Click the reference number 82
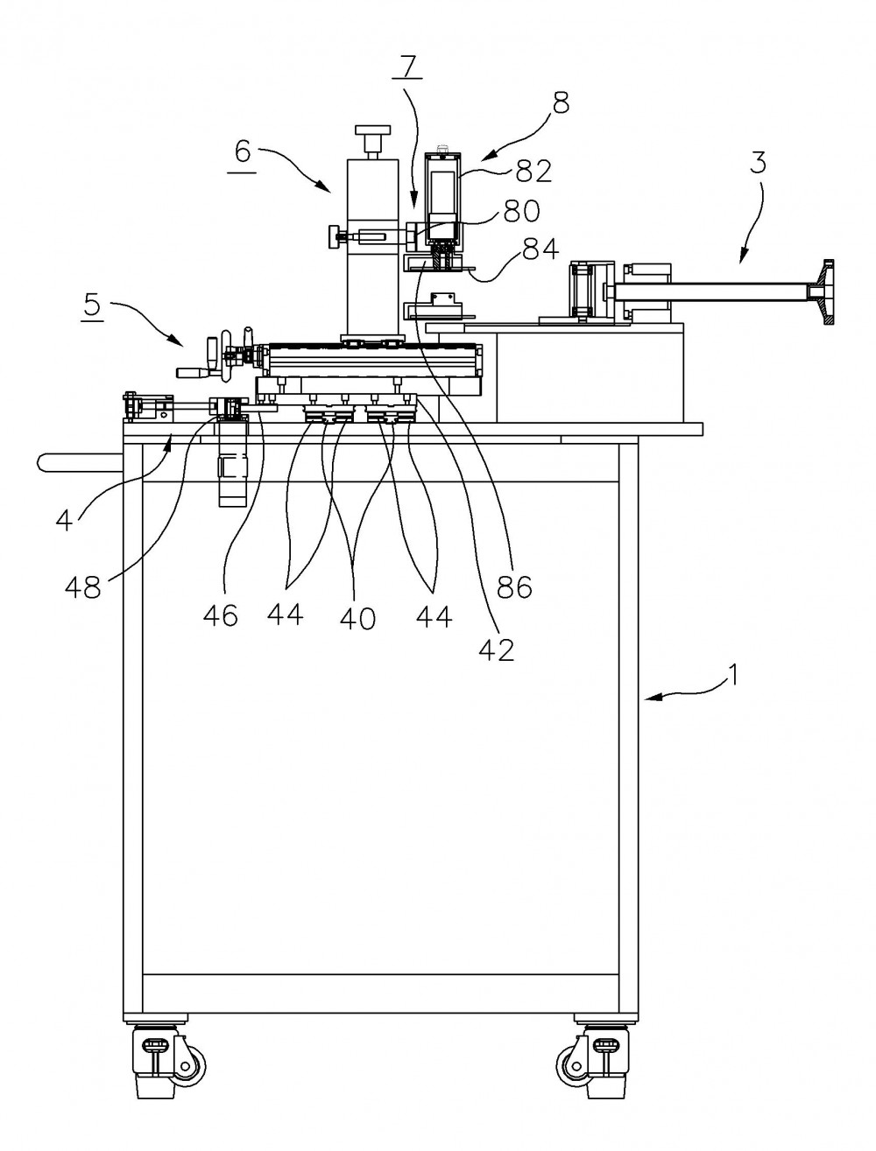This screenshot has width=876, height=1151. point(533,171)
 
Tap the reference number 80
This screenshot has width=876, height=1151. point(521,211)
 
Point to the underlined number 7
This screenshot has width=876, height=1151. point(408,67)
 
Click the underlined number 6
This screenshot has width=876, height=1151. point(243,152)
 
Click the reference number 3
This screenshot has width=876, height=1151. point(758,163)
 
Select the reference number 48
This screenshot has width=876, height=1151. point(83,587)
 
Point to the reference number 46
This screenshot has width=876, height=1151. point(220,614)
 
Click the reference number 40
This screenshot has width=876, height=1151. point(357,618)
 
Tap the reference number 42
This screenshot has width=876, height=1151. point(497,649)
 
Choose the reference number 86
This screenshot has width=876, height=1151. point(514,586)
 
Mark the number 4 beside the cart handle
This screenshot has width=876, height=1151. point(64,521)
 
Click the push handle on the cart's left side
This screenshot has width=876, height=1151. point(80,462)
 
